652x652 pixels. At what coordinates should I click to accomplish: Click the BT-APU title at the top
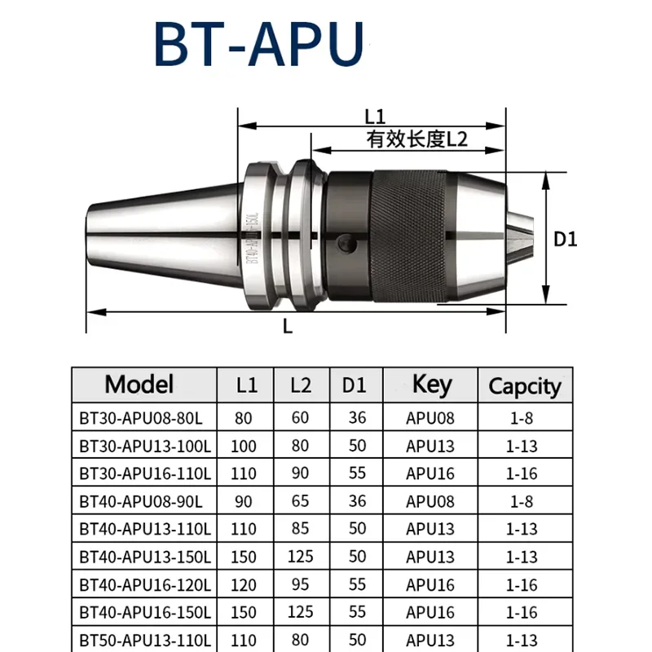click(259, 44)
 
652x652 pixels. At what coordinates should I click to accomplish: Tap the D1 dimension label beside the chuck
click(566, 240)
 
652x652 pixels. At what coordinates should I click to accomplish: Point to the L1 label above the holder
click(375, 117)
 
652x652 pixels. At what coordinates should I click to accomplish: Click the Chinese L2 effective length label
click(417, 139)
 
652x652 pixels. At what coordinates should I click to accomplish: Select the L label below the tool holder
click(288, 326)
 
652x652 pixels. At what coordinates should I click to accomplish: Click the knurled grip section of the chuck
click(410, 236)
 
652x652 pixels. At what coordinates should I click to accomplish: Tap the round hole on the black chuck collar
click(346, 243)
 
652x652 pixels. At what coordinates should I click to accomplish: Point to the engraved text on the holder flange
click(253, 238)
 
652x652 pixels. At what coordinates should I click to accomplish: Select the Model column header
click(139, 384)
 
